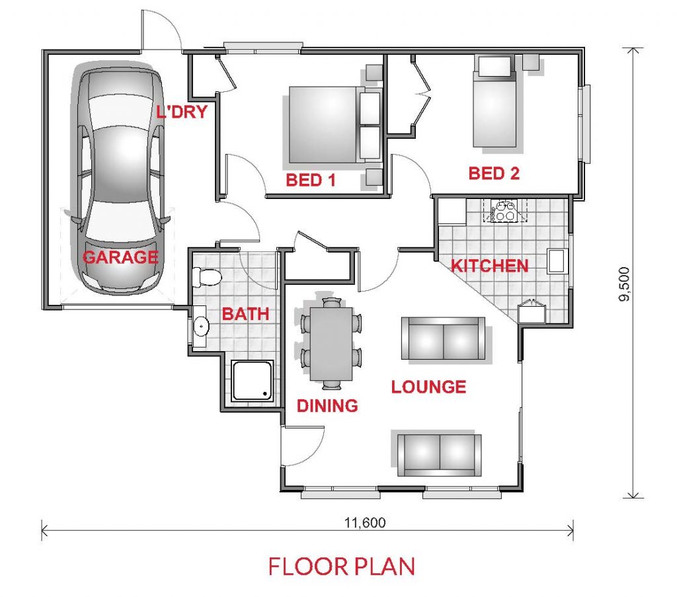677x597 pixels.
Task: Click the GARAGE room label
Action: pos(120,257)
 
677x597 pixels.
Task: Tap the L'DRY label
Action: pos(182,112)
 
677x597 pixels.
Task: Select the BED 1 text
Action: pos(311,180)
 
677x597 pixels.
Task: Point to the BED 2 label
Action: pos(494,173)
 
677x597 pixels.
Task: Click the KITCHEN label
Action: pos(490,266)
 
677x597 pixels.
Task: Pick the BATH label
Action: pos(246,314)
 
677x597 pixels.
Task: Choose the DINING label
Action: pos(327,406)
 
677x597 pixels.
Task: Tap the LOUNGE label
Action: pos(428,387)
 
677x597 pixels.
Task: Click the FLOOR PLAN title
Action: pos(342,567)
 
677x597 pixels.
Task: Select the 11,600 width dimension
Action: pos(365,523)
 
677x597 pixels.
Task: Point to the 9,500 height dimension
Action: pos(624,284)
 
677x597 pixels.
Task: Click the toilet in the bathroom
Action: pos(207,277)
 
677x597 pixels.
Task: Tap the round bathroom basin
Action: pos(201,326)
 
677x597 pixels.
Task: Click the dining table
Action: pos(331,344)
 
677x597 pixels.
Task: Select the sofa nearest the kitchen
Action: pos(443,338)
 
